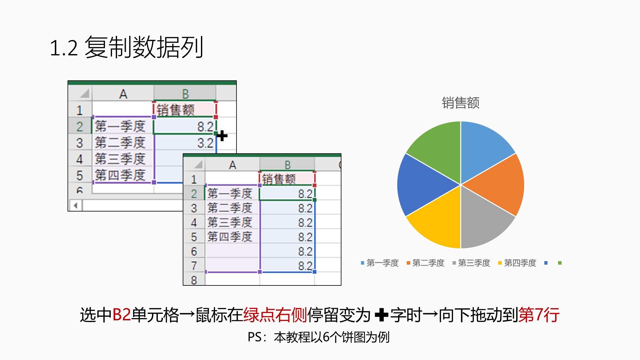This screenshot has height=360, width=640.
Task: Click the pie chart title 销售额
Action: tap(460, 103)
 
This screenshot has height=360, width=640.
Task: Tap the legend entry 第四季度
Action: tap(517, 263)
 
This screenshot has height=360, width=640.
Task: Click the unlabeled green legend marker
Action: tap(560, 263)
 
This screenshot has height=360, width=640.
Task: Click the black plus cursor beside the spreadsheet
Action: tap(222, 136)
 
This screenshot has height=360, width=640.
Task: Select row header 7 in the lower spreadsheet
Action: tap(194, 265)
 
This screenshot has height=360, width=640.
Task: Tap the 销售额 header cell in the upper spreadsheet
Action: tap(185, 110)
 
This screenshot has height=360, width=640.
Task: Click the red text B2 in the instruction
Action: tap(122, 315)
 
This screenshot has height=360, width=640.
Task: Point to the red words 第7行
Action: tap(539, 315)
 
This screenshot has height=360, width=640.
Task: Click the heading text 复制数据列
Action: tap(144, 47)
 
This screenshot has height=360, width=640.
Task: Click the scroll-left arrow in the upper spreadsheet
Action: tap(76, 205)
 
